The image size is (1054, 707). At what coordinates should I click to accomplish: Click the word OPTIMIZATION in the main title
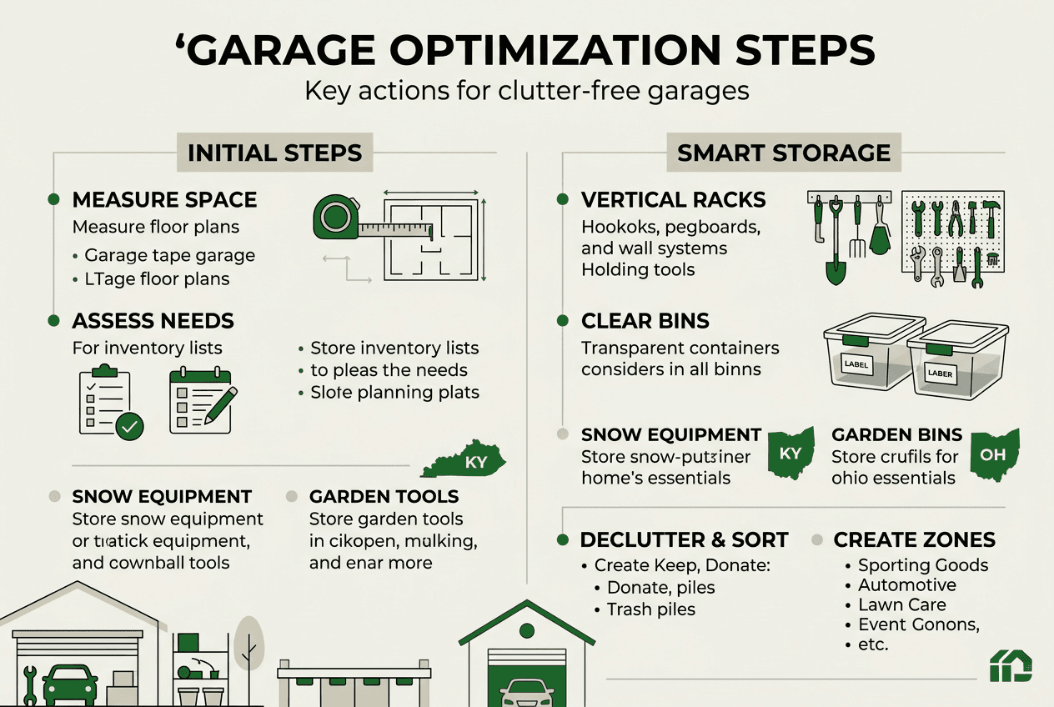[555, 50]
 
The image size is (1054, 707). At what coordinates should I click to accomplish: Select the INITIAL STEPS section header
[275, 153]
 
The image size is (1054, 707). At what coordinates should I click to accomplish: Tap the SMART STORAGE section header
[784, 153]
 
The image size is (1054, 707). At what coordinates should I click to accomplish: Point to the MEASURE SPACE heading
[165, 200]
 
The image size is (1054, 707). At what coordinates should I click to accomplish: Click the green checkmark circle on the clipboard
[129, 426]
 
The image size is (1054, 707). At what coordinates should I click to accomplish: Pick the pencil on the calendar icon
[221, 404]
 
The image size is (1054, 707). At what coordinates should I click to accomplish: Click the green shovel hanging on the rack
[836, 243]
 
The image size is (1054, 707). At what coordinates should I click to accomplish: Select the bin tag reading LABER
[940, 374]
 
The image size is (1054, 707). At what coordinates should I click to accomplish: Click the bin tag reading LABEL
[856, 364]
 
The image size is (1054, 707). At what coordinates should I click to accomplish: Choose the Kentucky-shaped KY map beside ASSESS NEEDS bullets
[464, 459]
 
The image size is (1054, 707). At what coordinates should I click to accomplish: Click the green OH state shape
[995, 454]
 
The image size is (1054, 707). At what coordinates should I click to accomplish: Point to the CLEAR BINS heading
[645, 321]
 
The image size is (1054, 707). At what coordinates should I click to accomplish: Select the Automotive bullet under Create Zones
[907, 584]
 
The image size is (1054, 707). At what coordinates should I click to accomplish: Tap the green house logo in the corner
[1011, 665]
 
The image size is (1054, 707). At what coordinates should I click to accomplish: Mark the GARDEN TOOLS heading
[384, 497]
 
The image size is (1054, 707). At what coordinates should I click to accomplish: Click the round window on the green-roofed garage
[526, 629]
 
